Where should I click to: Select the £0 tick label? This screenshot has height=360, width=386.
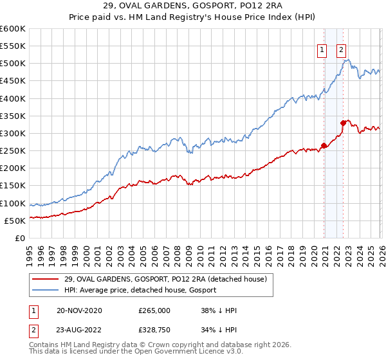click(19, 238)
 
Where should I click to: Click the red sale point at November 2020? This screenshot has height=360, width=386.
click(324, 145)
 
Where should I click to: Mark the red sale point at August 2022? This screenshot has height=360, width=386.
click(344, 123)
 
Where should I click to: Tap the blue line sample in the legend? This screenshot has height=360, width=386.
click(46, 291)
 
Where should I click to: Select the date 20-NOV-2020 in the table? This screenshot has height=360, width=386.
click(79, 310)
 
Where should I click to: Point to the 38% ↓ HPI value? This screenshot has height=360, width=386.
click(219, 310)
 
